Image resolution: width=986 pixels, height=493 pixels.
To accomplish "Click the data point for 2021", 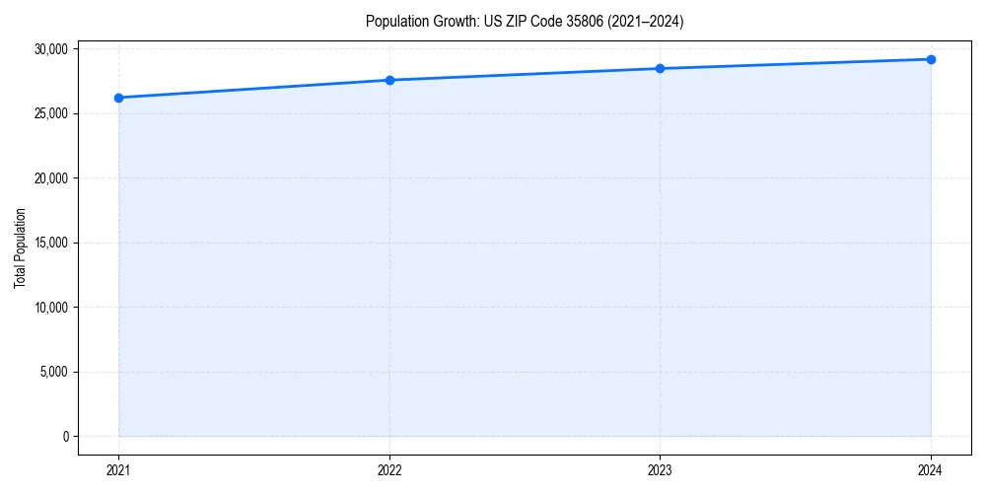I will click(x=118, y=98).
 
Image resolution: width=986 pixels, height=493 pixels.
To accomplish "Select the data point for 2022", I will click(x=389, y=80).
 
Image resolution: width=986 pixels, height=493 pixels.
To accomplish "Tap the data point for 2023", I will click(x=660, y=68).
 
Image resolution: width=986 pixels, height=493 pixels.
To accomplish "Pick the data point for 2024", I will click(x=931, y=59).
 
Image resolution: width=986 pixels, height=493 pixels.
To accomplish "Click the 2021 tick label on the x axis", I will click(x=118, y=469).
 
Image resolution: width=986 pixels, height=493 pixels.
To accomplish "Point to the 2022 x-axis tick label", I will click(x=389, y=469).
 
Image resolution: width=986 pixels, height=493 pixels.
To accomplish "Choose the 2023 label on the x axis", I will click(x=660, y=469).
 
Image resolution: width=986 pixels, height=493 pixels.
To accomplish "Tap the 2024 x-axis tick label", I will click(x=931, y=469).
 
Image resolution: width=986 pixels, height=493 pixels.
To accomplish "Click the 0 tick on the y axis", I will click(x=65, y=437).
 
